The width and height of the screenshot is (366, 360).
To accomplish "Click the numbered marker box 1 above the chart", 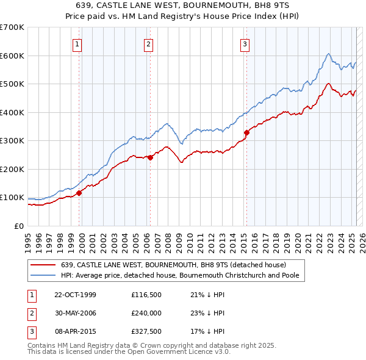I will point(78,43).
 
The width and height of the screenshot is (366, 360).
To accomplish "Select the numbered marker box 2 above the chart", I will point(149,43).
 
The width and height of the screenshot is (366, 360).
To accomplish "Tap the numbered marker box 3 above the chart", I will point(245,43).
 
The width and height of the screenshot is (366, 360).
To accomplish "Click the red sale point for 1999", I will point(79,193).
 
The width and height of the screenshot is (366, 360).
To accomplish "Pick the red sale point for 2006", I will point(150,157).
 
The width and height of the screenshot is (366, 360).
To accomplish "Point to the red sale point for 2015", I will point(246,132).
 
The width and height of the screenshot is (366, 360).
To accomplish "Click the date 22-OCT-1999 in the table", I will point(74,295).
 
